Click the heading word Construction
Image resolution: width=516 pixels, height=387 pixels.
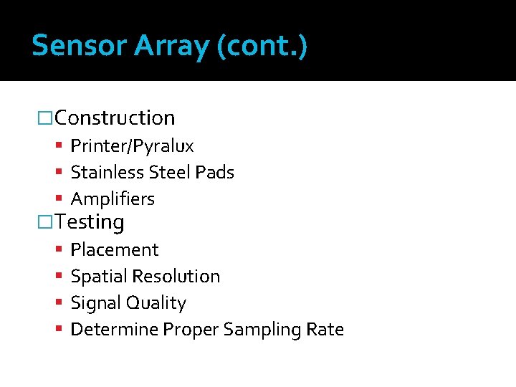[115, 118]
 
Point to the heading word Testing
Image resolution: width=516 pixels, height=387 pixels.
[90, 222]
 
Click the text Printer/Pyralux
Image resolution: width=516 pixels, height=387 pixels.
[132, 146]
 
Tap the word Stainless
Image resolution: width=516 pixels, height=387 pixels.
[107, 173]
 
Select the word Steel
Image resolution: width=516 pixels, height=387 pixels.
[170, 173]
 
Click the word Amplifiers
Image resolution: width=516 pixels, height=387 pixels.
[113, 199]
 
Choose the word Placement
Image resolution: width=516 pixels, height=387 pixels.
[115, 250]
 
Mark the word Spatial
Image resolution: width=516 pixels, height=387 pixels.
[97, 277]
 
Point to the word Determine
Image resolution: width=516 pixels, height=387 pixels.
[115, 330]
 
